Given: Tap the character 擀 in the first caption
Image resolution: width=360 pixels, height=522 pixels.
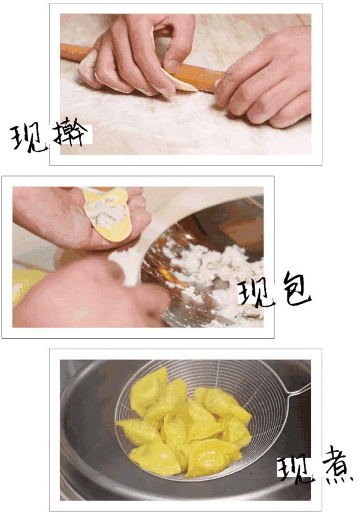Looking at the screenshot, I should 71,133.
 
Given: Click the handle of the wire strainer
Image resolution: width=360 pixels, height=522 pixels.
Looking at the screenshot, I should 298,390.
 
